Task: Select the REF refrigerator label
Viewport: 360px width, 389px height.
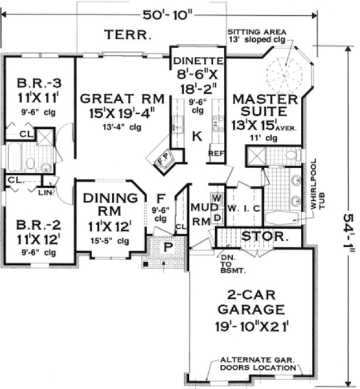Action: coord(215,153)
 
